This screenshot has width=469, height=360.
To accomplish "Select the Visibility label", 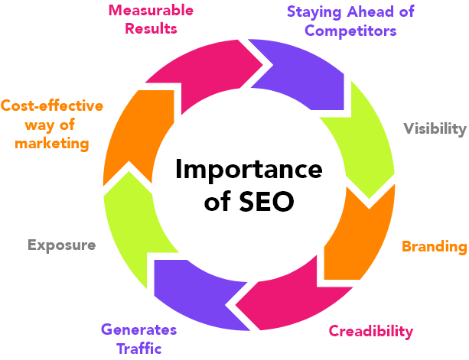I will [x=435, y=128].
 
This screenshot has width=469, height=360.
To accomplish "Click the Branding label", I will [x=434, y=246].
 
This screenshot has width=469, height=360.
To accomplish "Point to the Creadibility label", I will [x=371, y=331].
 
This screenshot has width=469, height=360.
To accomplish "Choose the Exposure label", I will [x=61, y=245].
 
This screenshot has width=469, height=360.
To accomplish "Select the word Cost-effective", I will [x=51, y=106].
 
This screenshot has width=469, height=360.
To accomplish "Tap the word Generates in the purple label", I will [x=138, y=330].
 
